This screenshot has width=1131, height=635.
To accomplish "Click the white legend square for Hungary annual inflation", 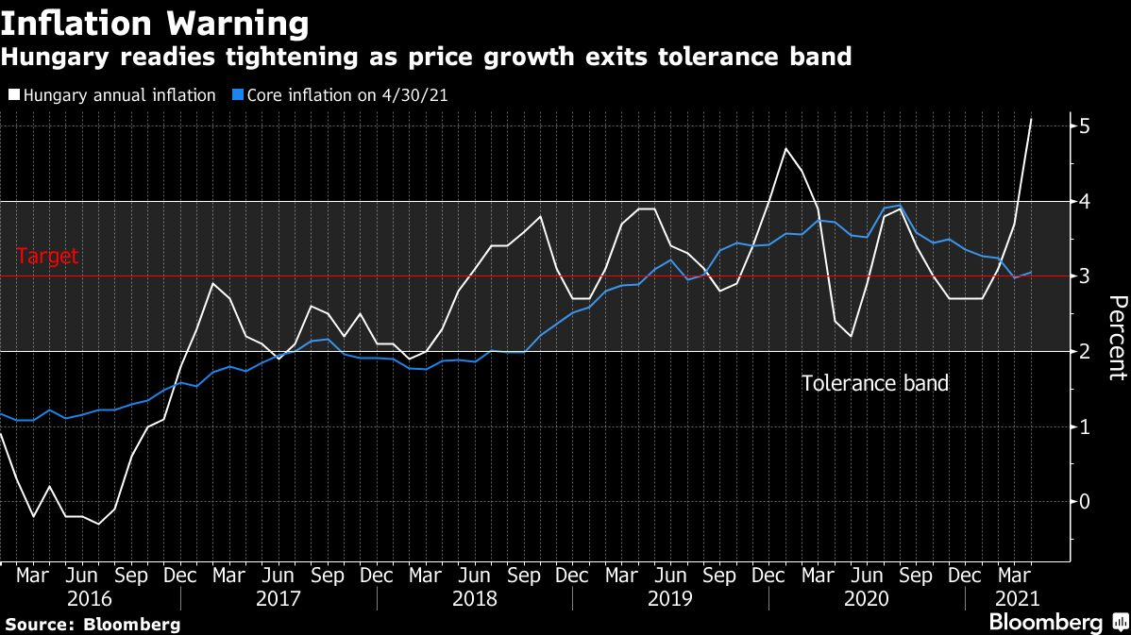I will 14,95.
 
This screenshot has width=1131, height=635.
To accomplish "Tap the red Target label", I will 48,257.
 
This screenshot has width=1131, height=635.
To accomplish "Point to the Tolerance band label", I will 874,384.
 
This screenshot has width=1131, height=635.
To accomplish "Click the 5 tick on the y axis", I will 1086,126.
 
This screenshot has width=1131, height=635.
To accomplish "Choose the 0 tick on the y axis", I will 1086,502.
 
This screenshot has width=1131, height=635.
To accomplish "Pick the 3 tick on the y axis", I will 1086,276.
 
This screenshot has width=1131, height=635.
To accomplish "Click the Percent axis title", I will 1117,337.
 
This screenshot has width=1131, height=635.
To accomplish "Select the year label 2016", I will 90,599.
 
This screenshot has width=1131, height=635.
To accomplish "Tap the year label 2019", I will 668,599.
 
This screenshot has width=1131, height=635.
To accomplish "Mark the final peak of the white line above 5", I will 1031,119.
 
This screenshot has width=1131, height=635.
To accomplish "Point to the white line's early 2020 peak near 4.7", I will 785,148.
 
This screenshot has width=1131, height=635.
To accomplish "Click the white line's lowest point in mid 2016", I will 98,524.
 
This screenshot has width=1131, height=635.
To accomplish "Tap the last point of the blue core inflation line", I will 1031,273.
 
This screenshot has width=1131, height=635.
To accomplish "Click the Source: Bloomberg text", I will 93,625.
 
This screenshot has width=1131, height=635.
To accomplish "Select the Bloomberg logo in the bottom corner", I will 1045,622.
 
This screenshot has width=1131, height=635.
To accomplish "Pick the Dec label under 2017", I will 376,576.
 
